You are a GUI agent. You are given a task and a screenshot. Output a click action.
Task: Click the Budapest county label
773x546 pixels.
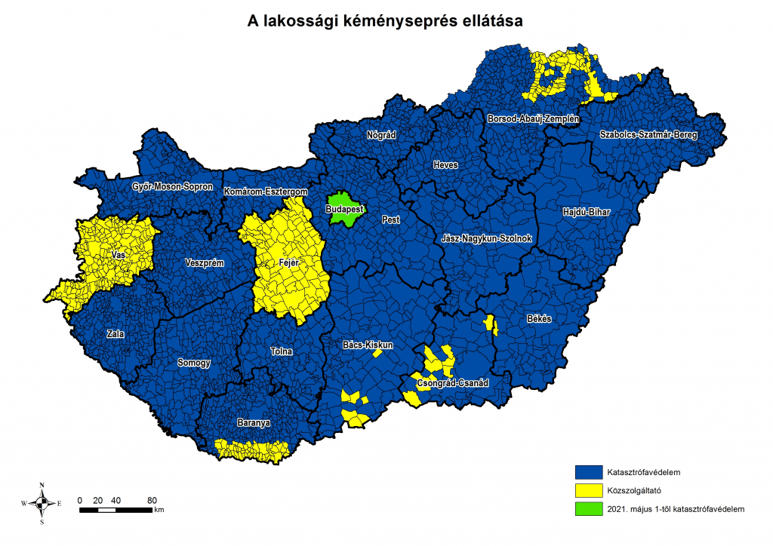(x=345, y=209)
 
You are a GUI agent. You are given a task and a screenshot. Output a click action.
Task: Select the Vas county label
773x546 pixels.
(x=117, y=256)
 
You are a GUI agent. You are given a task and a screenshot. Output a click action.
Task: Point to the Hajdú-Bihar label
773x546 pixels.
(x=586, y=213)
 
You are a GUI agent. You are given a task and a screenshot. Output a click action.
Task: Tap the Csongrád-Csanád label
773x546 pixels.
(x=453, y=384)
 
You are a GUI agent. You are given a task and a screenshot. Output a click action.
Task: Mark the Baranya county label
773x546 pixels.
(x=252, y=423)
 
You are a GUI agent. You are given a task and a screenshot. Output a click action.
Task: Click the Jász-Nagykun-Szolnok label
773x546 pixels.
(x=487, y=239)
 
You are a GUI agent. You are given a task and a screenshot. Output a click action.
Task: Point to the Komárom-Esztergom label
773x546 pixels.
(x=266, y=192)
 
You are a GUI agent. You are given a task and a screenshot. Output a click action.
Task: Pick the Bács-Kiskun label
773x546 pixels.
(x=368, y=345)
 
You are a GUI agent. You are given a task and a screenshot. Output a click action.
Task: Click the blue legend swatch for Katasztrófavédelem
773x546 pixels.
(x=588, y=473)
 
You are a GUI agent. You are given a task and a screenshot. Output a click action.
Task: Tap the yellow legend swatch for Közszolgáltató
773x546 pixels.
(x=588, y=491)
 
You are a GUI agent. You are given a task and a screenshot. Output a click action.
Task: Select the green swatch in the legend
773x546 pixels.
(x=588, y=509)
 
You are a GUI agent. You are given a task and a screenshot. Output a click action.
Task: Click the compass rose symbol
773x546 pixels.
(x=42, y=503)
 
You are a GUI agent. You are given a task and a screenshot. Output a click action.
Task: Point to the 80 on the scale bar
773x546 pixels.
(x=152, y=501)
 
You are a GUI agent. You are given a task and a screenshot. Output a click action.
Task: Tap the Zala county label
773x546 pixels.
(x=116, y=333)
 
